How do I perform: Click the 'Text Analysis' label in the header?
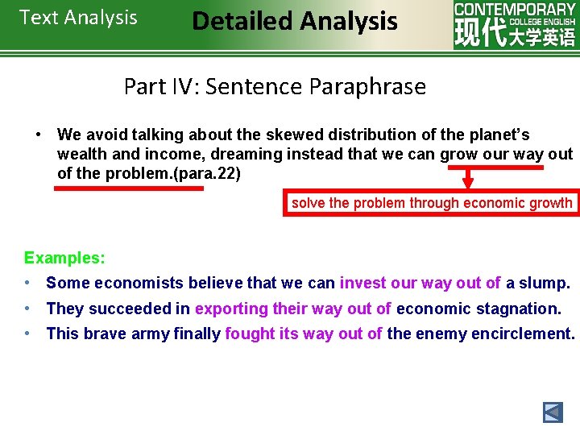(78, 18)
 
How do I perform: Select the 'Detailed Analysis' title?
(295, 21)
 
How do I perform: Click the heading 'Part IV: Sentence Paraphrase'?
(275, 86)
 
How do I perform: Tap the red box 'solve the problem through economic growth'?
(431, 203)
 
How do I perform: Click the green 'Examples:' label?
(64, 259)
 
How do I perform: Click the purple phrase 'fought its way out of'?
(304, 333)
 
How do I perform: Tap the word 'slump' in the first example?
(544, 283)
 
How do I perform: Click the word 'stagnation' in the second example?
(520, 309)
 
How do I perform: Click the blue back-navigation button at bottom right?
(553, 413)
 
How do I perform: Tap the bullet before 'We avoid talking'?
(38, 135)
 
